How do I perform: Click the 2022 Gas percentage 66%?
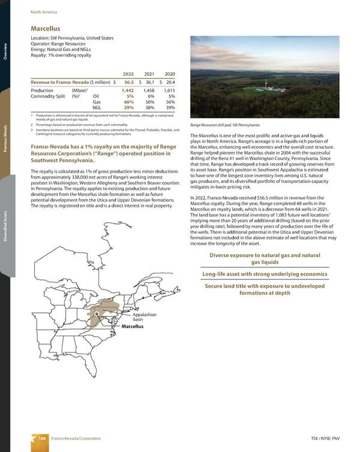127,103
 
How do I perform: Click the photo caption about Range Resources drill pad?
224,124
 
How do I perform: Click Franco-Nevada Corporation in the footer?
74,439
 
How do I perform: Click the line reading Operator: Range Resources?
61,44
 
